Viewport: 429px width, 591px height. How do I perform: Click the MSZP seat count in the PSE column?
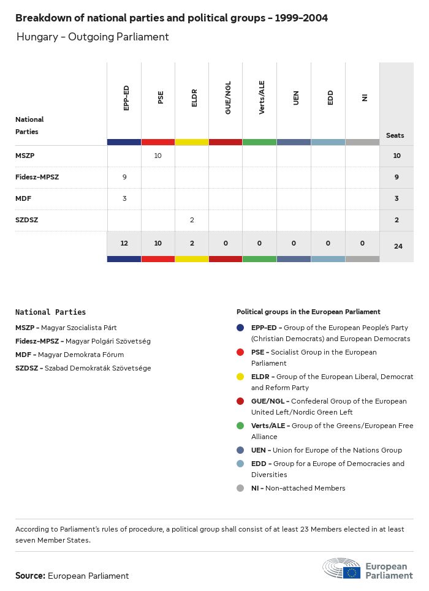pyautogui.click(x=158, y=156)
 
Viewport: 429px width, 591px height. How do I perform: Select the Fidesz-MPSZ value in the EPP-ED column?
pyautogui.click(x=124, y=177)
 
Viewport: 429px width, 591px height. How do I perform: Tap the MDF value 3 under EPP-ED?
pyautogui.click(x=124, y=198)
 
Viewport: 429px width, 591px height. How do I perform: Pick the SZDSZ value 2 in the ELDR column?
pyautogui.click(x=192, y=220)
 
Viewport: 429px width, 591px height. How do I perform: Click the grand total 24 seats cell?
pyautogui.click(x=397, y=246)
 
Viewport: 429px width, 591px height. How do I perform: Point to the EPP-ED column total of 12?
pyautogui.click(x=124, y=243)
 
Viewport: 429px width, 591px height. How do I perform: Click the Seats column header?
pyautogui.click(x=395, y=135)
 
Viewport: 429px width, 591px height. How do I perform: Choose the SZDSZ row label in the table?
pyautogui.click(x=26, y=220)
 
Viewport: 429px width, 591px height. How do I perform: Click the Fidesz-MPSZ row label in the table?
pyautogui.click(x=37, y=177)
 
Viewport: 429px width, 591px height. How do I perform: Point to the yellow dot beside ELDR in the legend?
pyautogui.click(x=241, y=377)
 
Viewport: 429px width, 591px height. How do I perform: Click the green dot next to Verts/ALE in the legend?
pyautogui.click(x=241, y=426)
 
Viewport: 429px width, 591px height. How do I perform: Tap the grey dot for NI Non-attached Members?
pyautogui.click(x=241, y=489)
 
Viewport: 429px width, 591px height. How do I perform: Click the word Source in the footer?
pyautogui.click(x=30, y=576)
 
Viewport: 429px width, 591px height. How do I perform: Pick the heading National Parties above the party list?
pyautogui.click(x=50, y=312)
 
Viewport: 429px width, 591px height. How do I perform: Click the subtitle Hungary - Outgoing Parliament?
pyautogui.click(x=93, y=37)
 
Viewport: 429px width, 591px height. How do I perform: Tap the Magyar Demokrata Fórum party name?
pyautogui.click(x=81, y=355)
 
